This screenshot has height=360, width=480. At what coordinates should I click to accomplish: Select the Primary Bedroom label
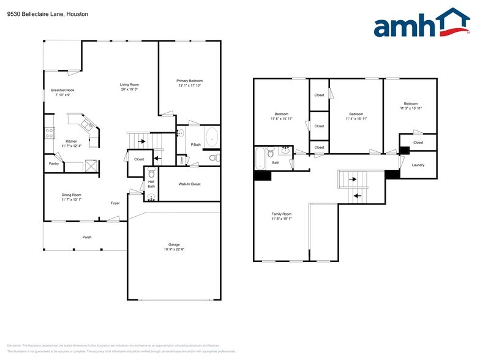pyautogui.click(x=189, y=81)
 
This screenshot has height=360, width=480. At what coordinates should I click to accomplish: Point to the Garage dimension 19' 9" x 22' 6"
pyautogui.click(x=174, y=249)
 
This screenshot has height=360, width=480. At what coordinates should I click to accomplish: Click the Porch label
pyautogui.click(x=87, y=237)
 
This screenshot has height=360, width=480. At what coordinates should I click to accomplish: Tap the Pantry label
pyautogui.click(x=54, y=164)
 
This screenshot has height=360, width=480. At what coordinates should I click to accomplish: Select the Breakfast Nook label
pyautogui.click(x=62, y=90)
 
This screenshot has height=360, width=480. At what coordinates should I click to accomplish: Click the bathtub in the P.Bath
pyautogui.click(x=211, y=138)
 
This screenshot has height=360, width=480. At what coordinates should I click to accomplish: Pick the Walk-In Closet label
pyautogui.click(x=189, y=184)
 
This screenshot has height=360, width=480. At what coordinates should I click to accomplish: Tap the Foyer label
pyautogui.click(x=115, y=203)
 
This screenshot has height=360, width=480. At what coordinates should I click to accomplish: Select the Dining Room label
pyautogui.click(x=72, y=195)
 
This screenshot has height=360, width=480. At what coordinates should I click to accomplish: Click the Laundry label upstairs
pyautogui.click(x=418, y=165)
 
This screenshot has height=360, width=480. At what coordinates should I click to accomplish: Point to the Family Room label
pyautogui.click(x=282, y=214)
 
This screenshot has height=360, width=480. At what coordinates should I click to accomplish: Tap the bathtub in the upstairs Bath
pyautogui.click(x=260, y=158)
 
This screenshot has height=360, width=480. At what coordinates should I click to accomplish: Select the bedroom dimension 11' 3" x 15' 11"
pyautogui.click(x=410, y=108)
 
